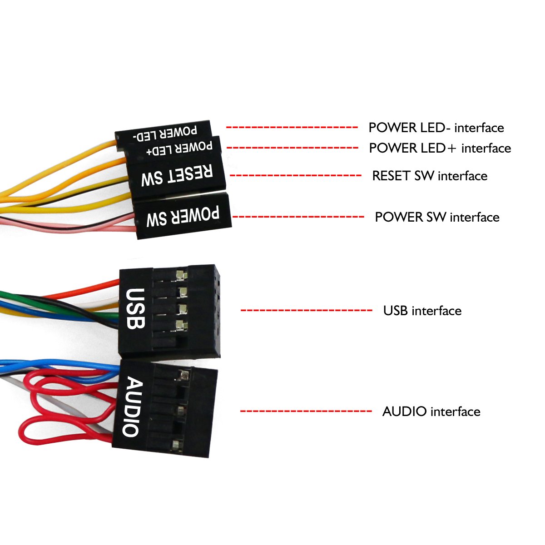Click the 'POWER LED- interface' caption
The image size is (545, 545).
pos(436,128)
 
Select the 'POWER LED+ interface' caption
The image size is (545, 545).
pos(440,148)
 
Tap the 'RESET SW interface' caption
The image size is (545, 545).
pos(430,176)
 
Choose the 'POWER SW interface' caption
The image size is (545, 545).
pos(437,217)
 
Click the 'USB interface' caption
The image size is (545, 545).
pos(422,311)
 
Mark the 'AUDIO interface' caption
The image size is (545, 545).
pos(431,411)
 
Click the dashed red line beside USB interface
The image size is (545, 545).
pos(306,311)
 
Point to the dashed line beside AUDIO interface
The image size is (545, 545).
pos(306,411)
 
